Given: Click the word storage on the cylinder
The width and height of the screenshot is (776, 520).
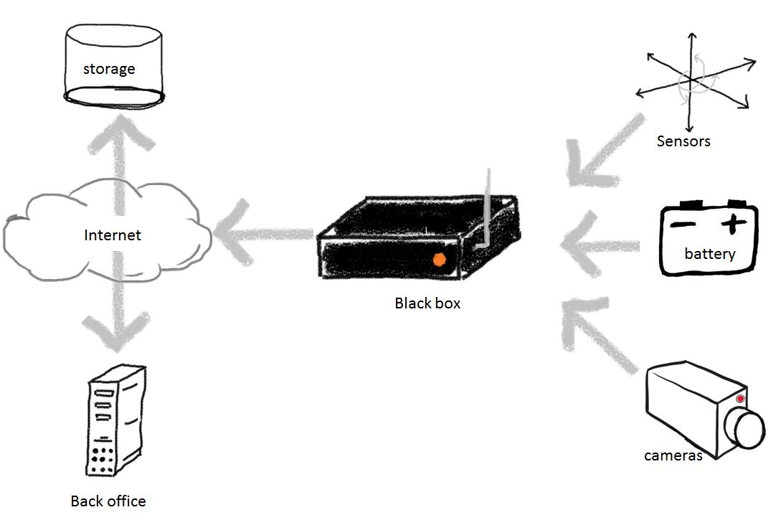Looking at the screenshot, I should tap(109, 70).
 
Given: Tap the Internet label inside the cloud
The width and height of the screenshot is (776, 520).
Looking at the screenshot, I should tap(113, 235).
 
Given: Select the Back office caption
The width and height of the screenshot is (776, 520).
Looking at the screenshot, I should tap(108, 501).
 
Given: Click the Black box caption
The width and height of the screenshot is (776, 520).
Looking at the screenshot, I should tap(427, 303).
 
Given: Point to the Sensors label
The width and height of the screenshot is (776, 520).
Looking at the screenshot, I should tap(683, 141).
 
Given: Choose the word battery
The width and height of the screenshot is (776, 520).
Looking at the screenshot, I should tap(710, 254).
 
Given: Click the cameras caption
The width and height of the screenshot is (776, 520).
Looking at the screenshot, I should tap(673, 455).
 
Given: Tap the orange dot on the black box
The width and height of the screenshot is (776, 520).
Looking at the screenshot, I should tap(439, 261).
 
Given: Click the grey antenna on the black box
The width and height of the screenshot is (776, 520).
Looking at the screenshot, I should tap(487, 208).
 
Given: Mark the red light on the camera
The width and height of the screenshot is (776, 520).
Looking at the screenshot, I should tap(740, 399).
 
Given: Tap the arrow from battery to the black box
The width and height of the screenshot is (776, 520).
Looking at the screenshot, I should tap(599, 246).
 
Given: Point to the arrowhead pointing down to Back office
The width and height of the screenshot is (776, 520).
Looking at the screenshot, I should tap(115, 334).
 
